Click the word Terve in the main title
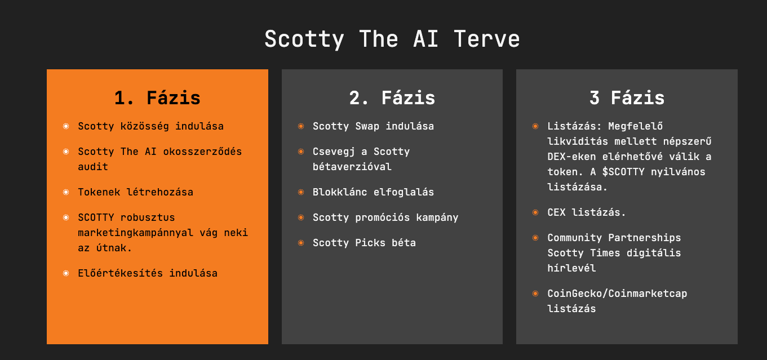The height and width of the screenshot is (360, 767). (x=487, y=39)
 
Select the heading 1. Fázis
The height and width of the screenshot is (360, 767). (x=157, y=98)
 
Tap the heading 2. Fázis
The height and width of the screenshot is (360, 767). (x=392, y=98)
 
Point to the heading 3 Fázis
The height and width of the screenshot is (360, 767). (x=627, y=98)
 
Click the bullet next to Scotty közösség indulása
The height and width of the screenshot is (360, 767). (x=66, y=126)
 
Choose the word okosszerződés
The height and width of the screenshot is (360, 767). (x=202, y=152)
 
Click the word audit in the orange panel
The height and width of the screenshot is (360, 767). (x=93, y=167)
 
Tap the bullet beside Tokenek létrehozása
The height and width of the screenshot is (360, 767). (x=66, y=192)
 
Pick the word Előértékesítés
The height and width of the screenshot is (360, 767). (x=120, y=273)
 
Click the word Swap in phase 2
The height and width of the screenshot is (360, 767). (x=367, y=126)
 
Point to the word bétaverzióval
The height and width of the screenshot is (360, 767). (x=352, y=167)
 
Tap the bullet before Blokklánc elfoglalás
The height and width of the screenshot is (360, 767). (x=301, y=192)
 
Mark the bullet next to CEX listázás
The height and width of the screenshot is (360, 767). (x=535, y=212)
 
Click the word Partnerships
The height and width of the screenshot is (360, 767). (x=644, y=238)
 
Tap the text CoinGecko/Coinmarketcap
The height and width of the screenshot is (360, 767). (x=617, y=294)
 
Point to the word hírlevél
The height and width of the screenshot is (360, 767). (x=571, y=268)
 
